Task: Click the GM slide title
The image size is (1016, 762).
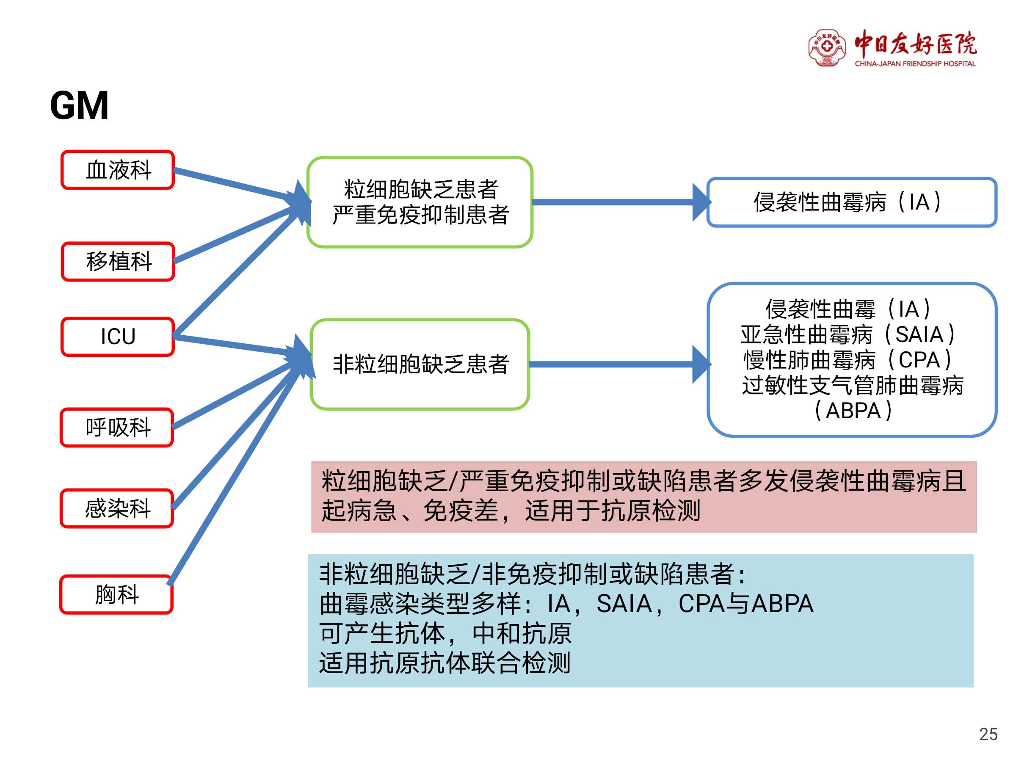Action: [x=79, y=106]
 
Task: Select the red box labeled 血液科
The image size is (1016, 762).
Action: [x=118, y=170]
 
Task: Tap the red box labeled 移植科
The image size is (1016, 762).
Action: [x=118, y=261]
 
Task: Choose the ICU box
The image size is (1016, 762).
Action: [x=118, y=337]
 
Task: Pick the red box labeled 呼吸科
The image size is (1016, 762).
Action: [x=117, y=427]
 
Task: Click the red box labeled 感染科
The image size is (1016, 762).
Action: [x=117, y=508]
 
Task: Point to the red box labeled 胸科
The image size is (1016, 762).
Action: [x=117, y=594]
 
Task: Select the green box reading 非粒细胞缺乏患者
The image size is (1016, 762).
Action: [x=420, y=364]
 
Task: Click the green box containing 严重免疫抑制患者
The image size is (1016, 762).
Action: [x=420, y=202]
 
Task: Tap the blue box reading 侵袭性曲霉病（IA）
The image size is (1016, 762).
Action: [x=852, y=202]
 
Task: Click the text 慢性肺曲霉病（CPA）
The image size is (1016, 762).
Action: [x=848, y=360]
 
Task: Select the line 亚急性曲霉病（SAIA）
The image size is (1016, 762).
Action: [x=848, y=334]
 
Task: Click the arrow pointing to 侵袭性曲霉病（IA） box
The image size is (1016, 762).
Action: [x=621, y=202]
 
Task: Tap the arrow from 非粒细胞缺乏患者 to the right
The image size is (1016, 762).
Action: [x=620, y=364]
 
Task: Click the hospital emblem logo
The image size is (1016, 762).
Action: [x=827, y=48]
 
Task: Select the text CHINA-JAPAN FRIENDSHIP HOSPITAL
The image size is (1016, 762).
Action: [x=915, y=64]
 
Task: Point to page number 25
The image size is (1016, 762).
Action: [x=988, y=734]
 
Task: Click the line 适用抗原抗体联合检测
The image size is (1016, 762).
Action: [x=444, y=663]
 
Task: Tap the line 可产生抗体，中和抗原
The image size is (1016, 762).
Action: [x=445, y=633]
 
